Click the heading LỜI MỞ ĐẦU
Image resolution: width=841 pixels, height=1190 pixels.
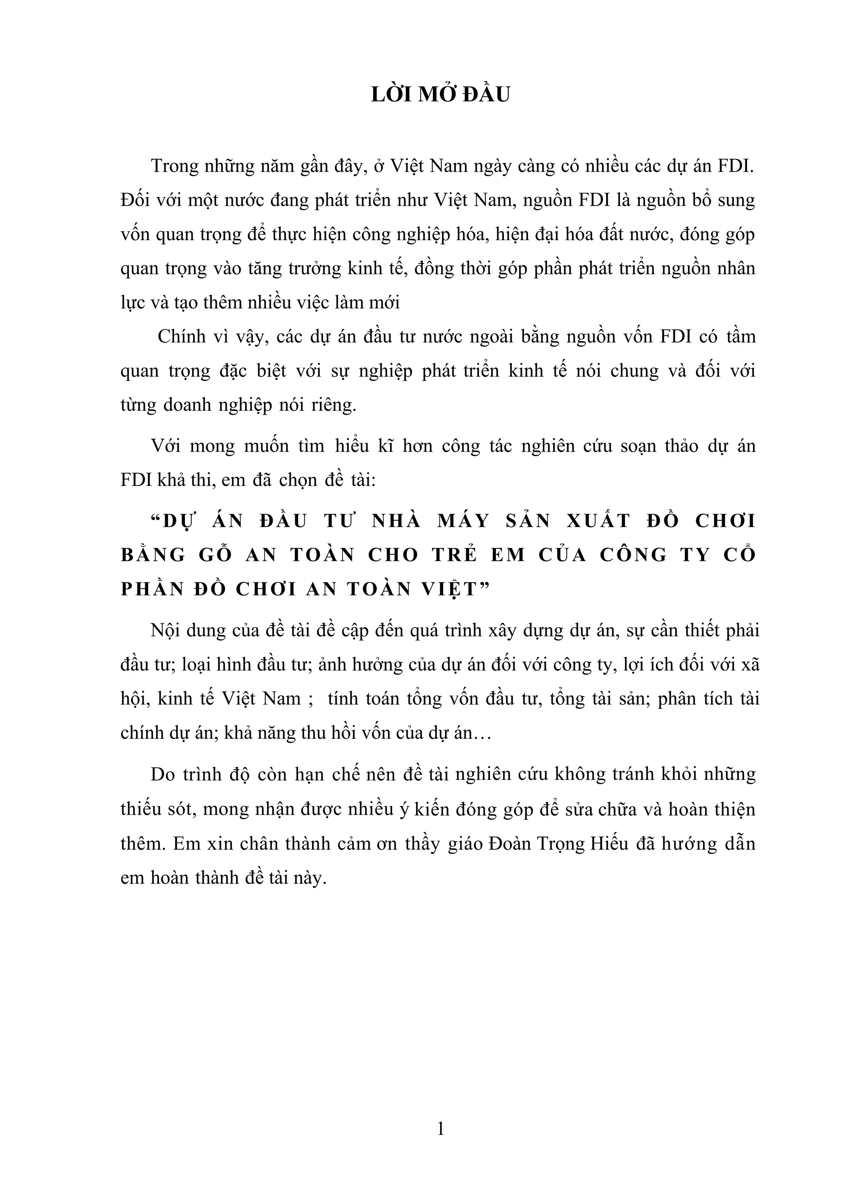pos(441,95)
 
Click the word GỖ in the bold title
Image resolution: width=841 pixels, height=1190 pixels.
pos(214,555)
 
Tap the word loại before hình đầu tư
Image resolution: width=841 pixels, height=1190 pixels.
pos(200,665)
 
